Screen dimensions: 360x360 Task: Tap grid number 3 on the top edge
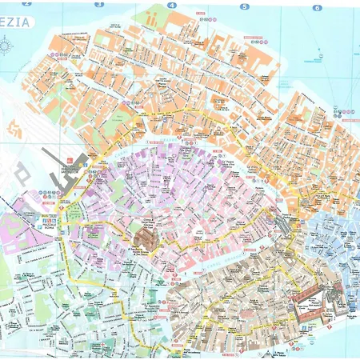(x=99, y=4)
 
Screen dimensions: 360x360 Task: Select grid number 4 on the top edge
(x=171, y=5)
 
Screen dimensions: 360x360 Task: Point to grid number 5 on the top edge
(x=244, y=6)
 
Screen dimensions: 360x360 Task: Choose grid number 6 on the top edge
(x=317, y=8)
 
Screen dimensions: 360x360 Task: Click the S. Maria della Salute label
(x=280, y=352)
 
